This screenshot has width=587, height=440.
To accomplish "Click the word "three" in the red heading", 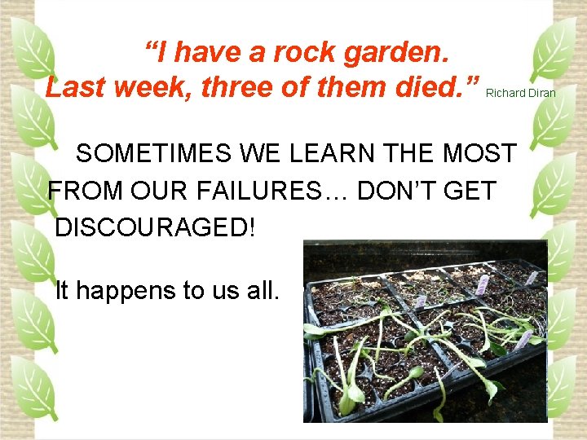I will point(236,87).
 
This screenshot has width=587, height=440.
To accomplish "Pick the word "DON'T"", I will point(395,191).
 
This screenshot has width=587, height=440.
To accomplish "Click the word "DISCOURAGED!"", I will point(155,227).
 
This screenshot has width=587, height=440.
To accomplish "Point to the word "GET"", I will point(468,191).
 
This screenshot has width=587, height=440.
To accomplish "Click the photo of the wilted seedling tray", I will point(425,330).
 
